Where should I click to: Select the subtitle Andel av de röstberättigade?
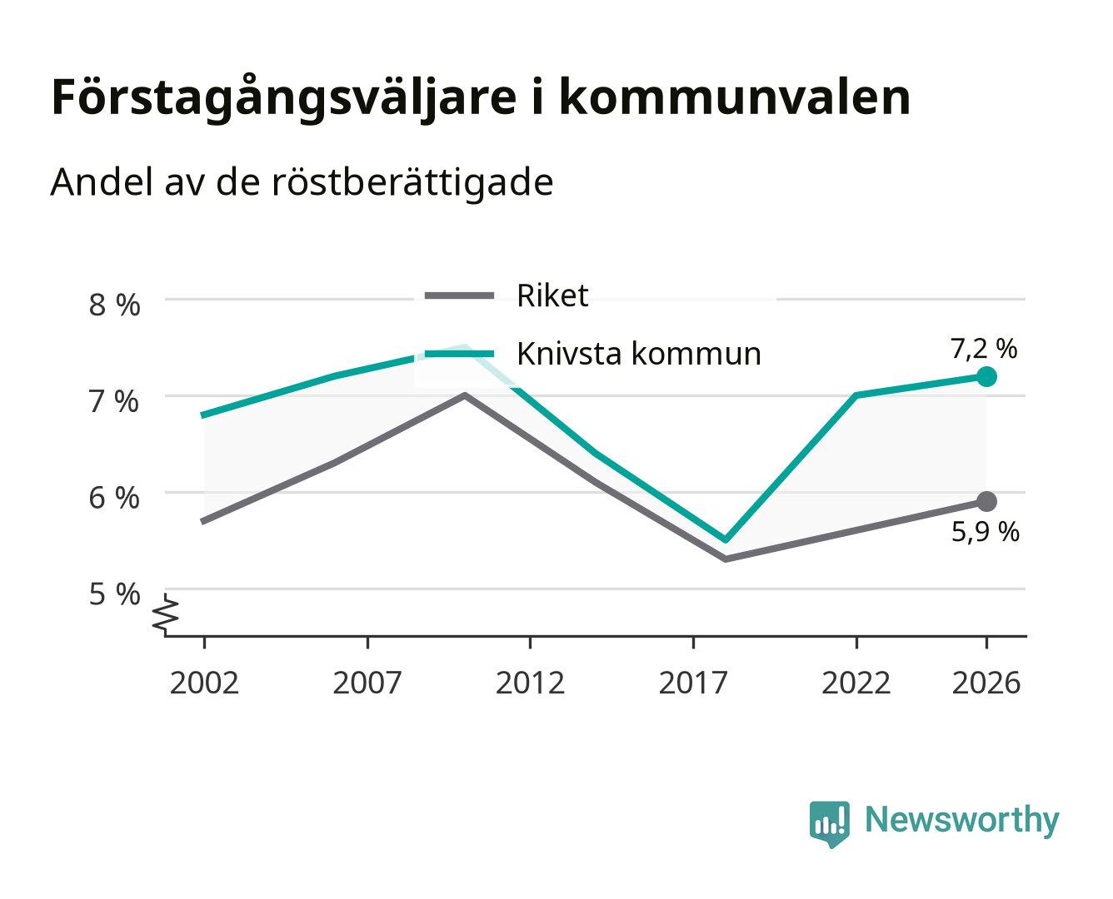coord(302,183)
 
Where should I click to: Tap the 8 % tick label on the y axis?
coord(114,305)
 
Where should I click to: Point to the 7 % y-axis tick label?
coord(114,401)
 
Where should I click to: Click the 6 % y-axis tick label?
coord(114,498)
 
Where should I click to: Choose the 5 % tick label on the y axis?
coord(114,594)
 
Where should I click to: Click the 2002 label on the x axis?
coord(204,683)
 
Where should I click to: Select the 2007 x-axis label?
coord(367,683)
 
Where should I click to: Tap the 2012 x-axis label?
coord(531,683)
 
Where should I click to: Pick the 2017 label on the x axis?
coord(693,683)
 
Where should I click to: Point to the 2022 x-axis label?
coord(856,683)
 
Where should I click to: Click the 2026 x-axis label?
coord(986,683)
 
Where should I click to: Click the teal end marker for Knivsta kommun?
coord(986,376)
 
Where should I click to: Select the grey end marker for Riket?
coord(986,502)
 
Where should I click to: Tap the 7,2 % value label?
coord(984,349)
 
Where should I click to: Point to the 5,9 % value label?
coord(986,532)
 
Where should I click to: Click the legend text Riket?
coord(552,296)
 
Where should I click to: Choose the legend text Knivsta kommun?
coord(639,354)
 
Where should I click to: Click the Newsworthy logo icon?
coord(829,824)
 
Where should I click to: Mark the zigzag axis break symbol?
coord(166,614)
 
